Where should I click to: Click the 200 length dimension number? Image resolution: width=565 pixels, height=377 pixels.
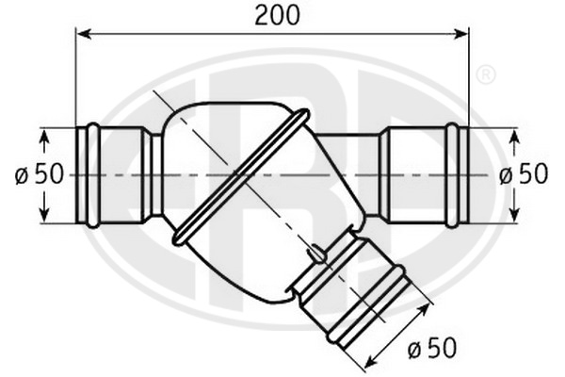277,16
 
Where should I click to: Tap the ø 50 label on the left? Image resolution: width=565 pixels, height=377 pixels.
39,174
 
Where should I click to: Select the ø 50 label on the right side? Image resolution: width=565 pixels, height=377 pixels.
524,174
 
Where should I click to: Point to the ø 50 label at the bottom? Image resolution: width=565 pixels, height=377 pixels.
432,348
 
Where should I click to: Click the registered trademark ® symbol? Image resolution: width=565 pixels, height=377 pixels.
486,74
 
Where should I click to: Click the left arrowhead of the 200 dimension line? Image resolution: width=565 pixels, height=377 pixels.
84,34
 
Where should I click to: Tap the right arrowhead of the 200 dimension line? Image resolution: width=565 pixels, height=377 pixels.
461,34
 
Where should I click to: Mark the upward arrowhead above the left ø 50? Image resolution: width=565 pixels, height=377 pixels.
44,137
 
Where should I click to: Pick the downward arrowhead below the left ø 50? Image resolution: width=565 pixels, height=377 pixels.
44,214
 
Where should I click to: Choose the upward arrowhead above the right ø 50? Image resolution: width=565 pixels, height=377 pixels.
515,137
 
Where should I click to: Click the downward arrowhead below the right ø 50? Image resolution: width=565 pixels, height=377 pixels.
515,214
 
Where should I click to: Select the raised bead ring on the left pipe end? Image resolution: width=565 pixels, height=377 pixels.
93,175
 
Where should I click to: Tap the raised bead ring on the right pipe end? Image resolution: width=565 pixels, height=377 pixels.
452,175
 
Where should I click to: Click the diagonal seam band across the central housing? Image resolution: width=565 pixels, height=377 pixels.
241,177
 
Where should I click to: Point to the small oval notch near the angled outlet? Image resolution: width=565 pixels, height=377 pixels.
317,254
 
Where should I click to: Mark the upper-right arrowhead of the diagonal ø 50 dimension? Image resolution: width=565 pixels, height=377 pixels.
424,309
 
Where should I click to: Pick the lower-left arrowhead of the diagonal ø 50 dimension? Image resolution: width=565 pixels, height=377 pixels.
371,364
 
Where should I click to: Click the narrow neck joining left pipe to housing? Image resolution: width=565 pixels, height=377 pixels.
156,175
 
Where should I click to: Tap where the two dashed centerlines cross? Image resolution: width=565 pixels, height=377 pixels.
241,175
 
